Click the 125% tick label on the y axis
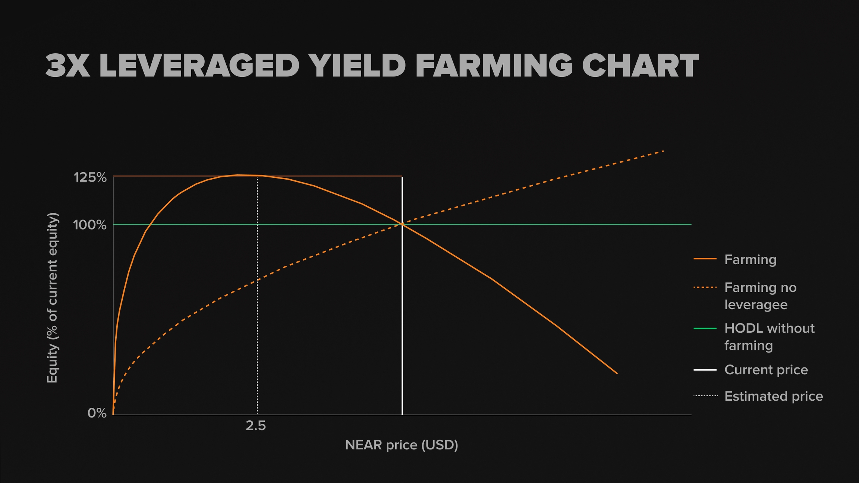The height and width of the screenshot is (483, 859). click(90, 177)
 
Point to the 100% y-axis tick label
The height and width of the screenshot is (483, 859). click(90, 225)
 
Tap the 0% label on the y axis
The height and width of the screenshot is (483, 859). click(97, 413)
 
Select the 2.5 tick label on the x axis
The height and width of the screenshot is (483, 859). click(256, 426)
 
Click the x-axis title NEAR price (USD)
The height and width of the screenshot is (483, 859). click(402, 445)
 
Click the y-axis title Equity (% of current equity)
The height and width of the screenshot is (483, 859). click(53, 297)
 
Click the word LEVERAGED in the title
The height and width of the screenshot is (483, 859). click(199, 66)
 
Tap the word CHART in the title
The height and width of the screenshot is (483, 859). click(640, 66)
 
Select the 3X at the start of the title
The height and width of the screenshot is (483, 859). click(68, 66)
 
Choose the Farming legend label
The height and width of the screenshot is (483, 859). click(750, 259)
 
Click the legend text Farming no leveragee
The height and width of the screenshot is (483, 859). click(760, 296)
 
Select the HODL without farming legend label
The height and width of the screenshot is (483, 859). click(769, 337)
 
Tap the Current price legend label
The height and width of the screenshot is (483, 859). click(766, 370)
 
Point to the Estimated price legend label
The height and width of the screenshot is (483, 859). click(773, 396)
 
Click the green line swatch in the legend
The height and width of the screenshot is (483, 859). click(705, 328)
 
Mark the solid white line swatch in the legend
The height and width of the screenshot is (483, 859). click(705, 370)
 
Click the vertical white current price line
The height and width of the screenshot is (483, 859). click(402, 317)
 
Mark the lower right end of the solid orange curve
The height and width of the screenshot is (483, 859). click(617, 373)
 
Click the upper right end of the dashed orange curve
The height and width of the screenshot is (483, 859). click(663, 151)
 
